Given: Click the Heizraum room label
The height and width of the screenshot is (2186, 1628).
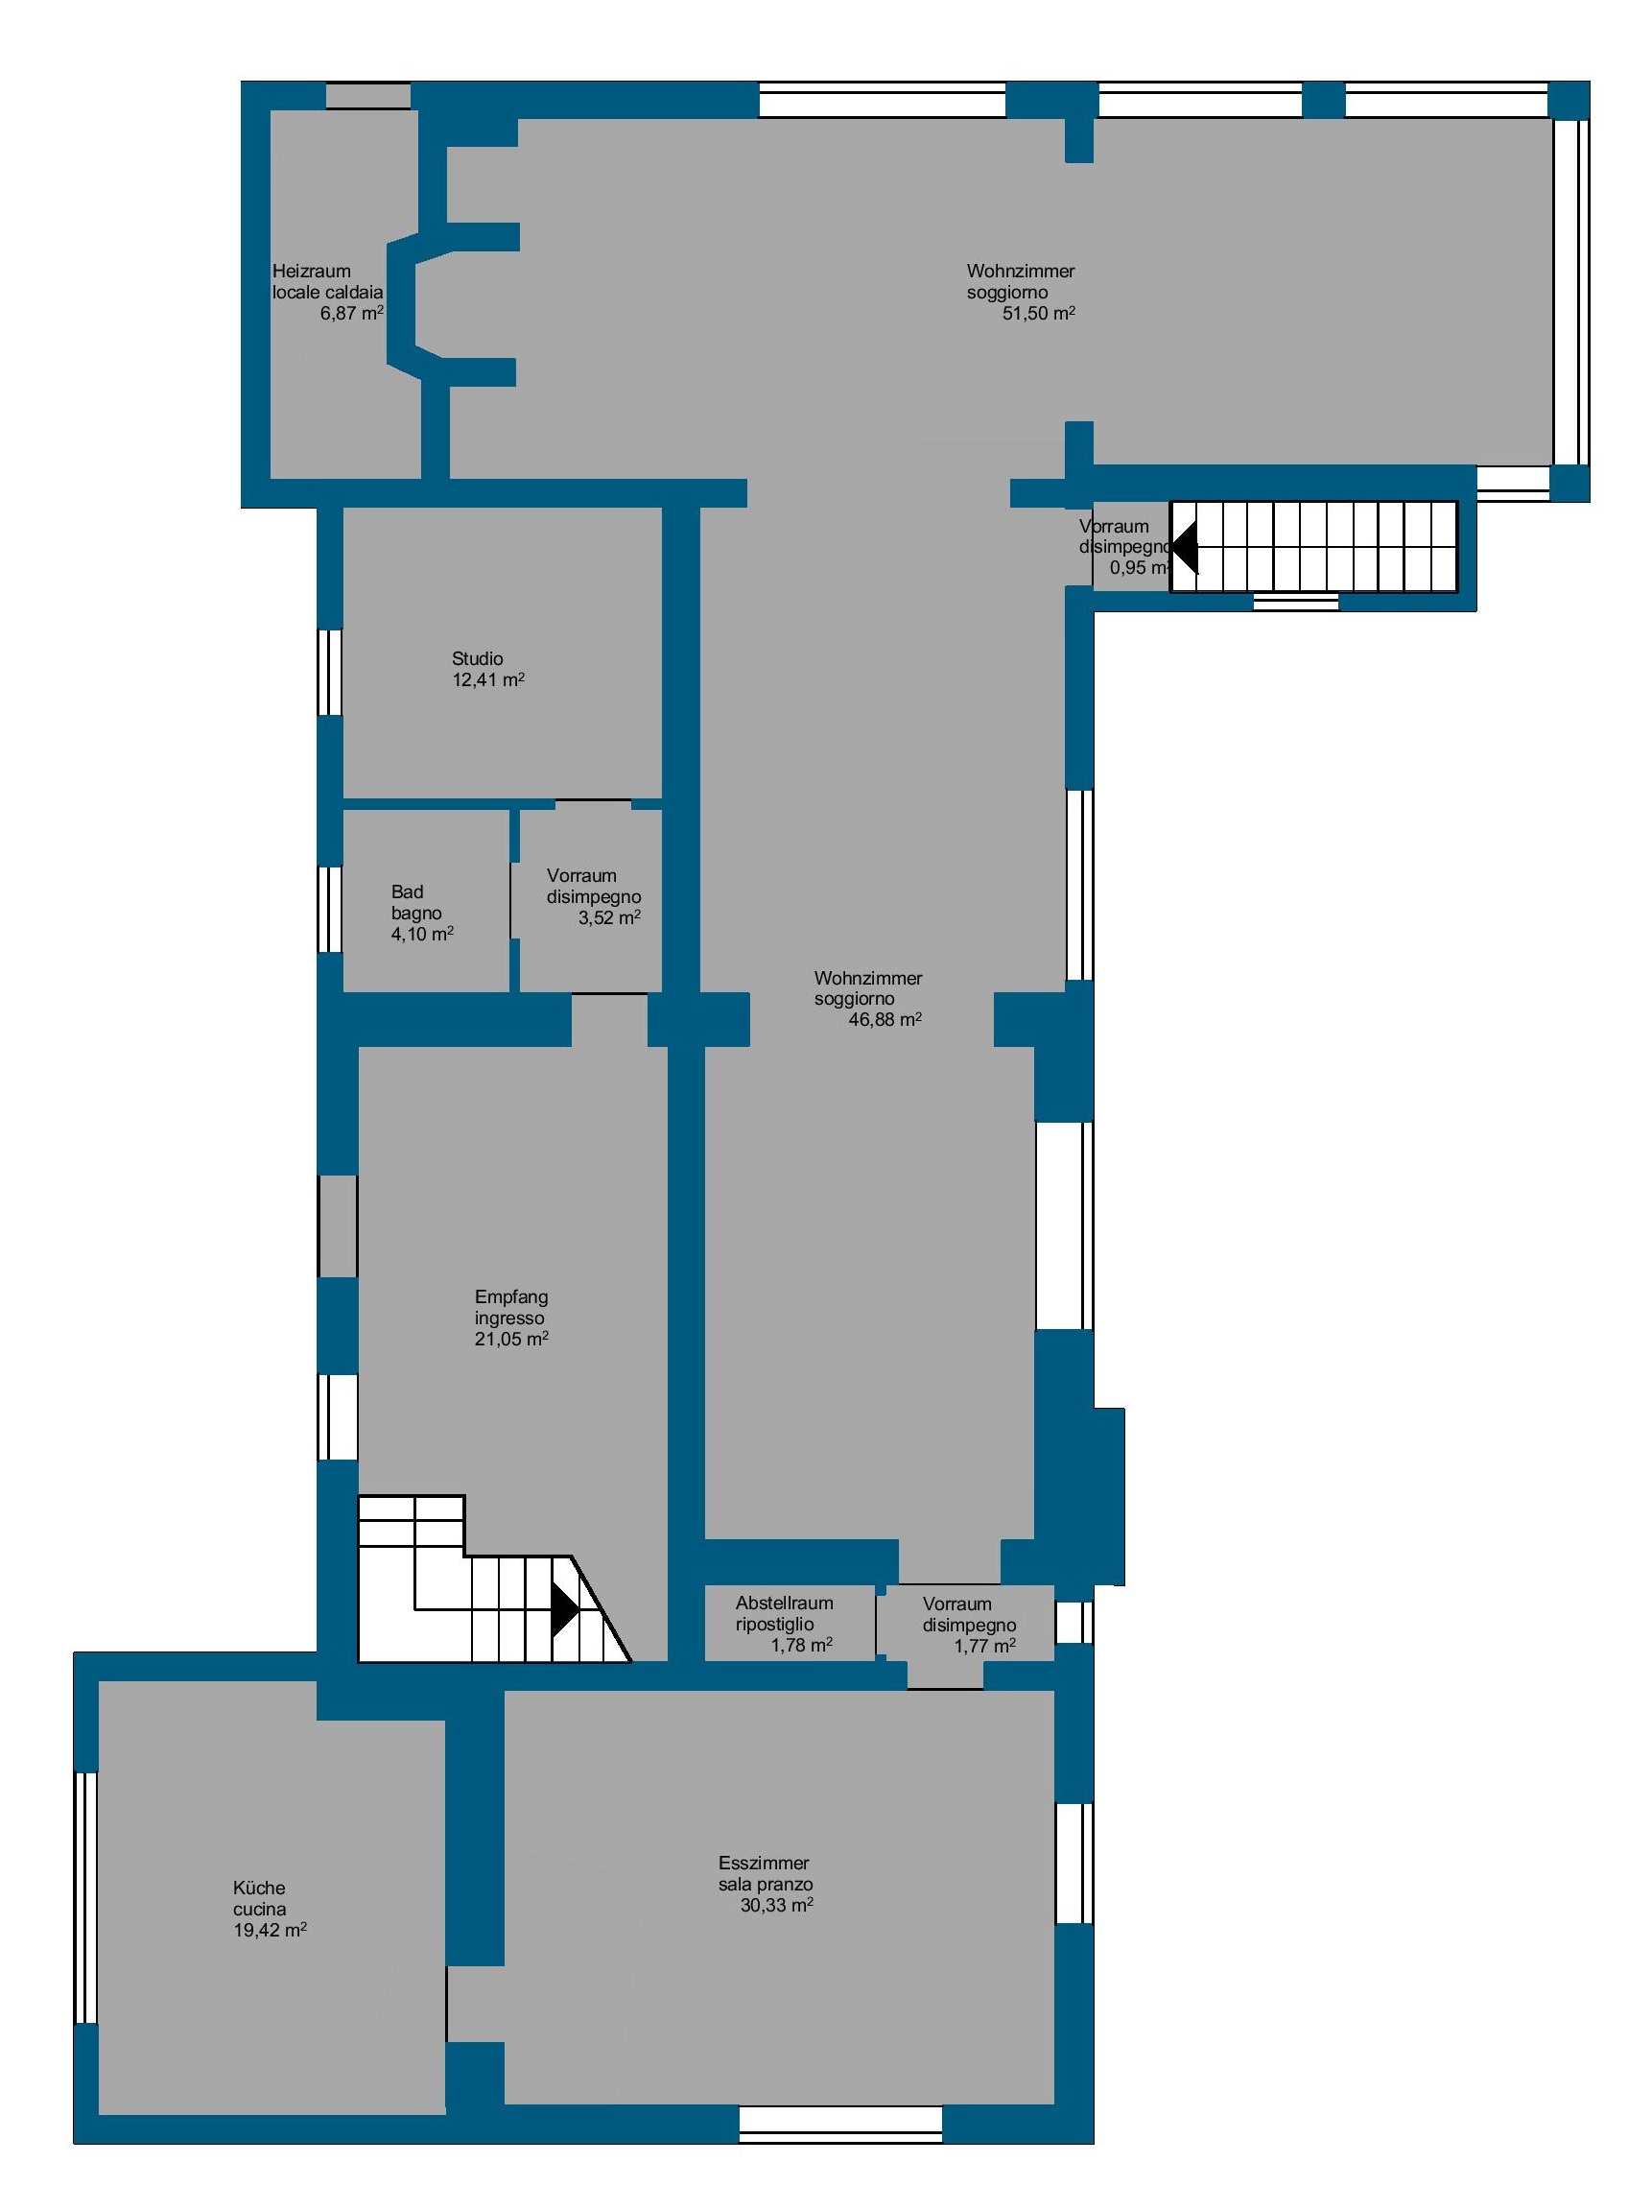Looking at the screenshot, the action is coord(312,271).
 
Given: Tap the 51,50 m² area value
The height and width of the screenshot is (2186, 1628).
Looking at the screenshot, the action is coord(1039,314).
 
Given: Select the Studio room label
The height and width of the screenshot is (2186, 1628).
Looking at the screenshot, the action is coord(478,658).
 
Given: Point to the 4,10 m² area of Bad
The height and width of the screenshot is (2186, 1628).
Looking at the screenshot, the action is coord(423,934).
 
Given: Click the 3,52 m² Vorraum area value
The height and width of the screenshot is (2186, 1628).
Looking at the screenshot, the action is coord(609,917).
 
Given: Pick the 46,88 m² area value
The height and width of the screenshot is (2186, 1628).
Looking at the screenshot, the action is coord(885,1020).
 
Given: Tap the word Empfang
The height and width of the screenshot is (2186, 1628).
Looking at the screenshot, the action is coord(511,1297).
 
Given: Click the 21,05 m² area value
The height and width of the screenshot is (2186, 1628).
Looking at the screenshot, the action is coord(511,1339).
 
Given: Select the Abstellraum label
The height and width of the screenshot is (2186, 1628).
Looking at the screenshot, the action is coord(785,1604).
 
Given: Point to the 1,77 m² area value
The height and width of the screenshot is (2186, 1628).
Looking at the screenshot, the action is coord(984,1646).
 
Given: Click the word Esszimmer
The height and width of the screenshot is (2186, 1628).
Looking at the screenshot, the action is coord(764,1864).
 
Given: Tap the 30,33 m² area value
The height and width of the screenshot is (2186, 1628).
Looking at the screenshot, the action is coord(776,1905).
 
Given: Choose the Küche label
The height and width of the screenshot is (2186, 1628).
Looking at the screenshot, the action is coord(259,1889).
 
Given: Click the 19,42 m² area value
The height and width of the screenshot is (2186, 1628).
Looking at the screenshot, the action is coord(270,1930).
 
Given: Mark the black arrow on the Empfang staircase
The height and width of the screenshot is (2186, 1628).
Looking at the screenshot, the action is coord(566,1609).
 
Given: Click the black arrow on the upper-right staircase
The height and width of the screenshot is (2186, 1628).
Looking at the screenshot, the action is coord(1184,546).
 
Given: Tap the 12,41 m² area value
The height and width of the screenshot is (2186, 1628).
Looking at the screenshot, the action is coord(487,680).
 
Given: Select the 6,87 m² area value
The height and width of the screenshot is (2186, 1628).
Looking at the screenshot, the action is coord(352,314).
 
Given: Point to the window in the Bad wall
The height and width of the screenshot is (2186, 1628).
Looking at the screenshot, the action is coord(329,909).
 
